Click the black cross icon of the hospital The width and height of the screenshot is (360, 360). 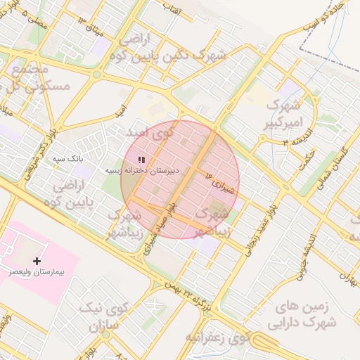(x=37, y=261)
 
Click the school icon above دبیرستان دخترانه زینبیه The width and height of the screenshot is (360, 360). (x=141, y=160)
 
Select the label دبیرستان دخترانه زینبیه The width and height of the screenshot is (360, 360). (x=143, y=170)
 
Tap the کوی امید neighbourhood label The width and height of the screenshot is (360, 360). (x=148, y=131)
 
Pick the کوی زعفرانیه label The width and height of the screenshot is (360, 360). (x=218, y=337)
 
